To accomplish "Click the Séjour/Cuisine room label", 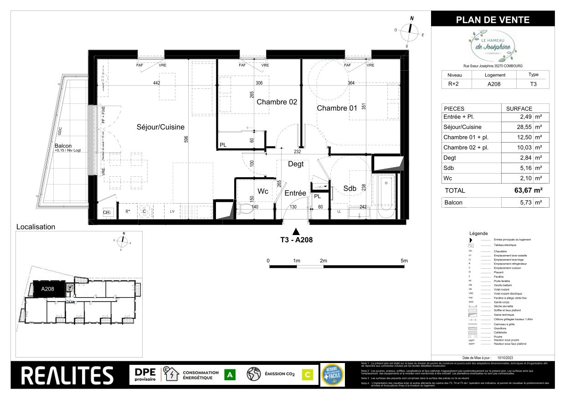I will click(x=160, y=127).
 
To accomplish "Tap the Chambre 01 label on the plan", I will click(x=337, y=108).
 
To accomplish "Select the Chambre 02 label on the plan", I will click(x=277, y=102).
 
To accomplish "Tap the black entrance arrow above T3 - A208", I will click(x=296, y=231).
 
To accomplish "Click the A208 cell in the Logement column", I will click(x=495, y=83).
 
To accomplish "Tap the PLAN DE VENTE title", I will click(x=493, y=20).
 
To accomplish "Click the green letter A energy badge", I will click(x=231, y=375).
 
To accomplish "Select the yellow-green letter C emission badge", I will click(x=308, y=375).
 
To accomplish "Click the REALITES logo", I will click(x=67, y=375).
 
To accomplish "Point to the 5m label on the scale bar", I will click(x=404, y=261).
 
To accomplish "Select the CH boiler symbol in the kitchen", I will click(x=106, y=212).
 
